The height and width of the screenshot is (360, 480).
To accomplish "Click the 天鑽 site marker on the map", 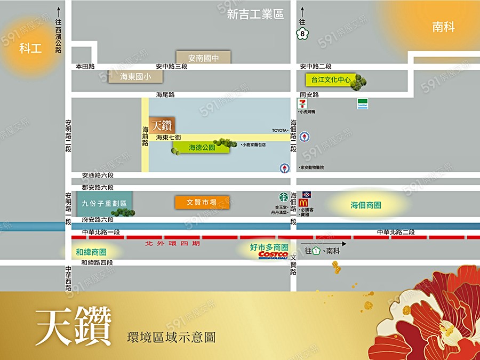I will coord(162,125).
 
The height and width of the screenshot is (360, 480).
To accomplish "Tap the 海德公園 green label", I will coord(201,147).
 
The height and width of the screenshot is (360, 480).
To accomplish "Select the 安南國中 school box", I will coord(203,58).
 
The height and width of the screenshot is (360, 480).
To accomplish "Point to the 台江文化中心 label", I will coord(331,80).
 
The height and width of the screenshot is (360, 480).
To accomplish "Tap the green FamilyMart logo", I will coord(363,104).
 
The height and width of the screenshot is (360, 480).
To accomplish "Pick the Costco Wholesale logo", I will coord(273,255).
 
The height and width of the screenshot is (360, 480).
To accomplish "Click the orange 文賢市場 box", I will coord(202,202).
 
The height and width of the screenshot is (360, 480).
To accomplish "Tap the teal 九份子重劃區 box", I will coord(104,203).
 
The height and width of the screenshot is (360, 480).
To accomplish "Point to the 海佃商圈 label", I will coord(366,205).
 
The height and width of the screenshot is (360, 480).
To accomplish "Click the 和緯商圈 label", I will coord(91,252).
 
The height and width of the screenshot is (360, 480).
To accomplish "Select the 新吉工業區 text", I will coord(255,15).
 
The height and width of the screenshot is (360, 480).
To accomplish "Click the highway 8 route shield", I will coord(302,34).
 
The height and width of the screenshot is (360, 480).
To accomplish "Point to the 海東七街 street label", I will coord(169,138).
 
